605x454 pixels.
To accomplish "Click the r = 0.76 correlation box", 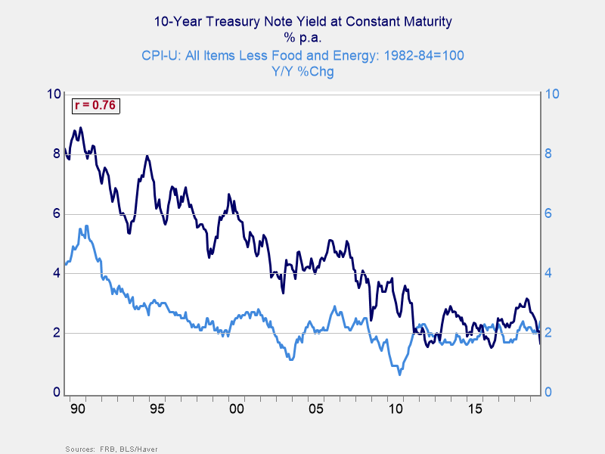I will pyautogui.click(x=95, y=106).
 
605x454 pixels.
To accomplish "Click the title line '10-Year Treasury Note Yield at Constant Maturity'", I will pyautogui.click(x=302, y=22).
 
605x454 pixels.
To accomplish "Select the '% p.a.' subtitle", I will pyautogui.click(x=302, y=37).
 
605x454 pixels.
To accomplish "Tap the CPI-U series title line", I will pyautogui.click(x=302, y=55).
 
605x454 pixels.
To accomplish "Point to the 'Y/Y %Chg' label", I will pyautogui.click(x=302, y=72).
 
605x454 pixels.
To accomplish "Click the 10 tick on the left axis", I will pyautogui.click(x=54, y=94).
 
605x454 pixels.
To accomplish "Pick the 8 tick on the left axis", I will pyautogui.click(x=56, y=154).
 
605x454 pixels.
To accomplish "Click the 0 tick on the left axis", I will pyautogui.click(x=56, y=393).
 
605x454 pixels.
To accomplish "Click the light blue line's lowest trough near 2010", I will pyautogui.click(x=400, y=374).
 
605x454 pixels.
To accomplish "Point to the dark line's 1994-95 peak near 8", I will pyautogui.click(x=147, y=156).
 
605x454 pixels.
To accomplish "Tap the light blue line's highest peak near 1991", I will pyautogui.click(x=87, y=225).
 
